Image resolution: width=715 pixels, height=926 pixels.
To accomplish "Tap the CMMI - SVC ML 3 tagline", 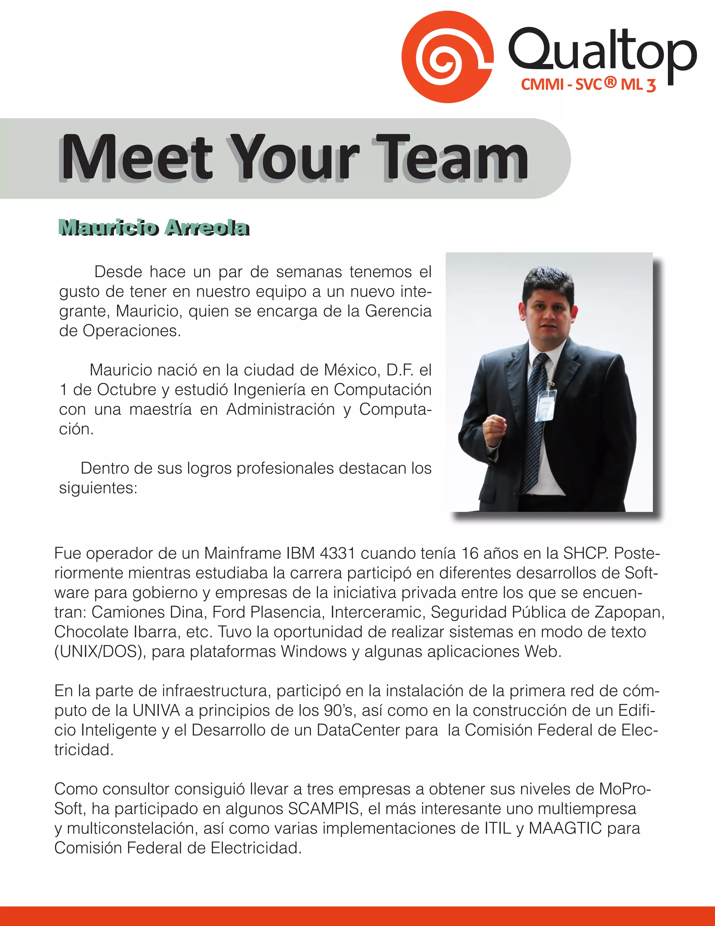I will pos(588,84).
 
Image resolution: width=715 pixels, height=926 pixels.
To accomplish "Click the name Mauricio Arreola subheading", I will pos(154,228).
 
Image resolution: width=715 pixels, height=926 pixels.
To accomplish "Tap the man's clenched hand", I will pos(494,429).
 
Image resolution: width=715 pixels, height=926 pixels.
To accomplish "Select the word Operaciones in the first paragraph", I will pos(131,331).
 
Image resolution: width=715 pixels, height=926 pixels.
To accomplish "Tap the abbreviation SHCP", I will pos(585,553).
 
